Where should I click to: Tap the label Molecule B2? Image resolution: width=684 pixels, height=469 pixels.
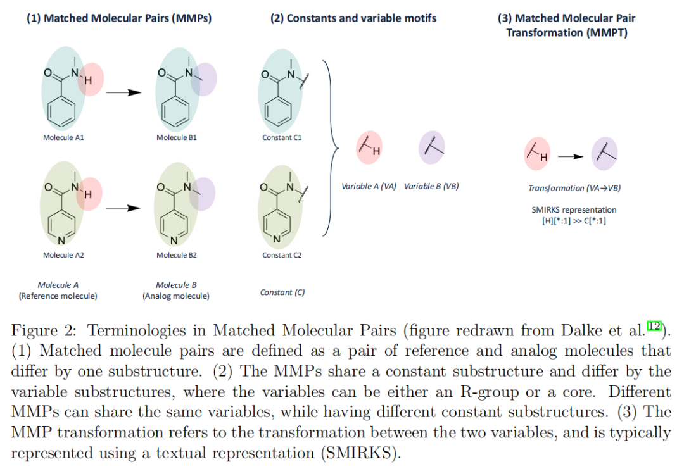point(177,255)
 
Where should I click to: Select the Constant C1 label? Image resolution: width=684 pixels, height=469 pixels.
point(282,137)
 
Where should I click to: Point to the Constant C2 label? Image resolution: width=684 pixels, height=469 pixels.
point(282,255)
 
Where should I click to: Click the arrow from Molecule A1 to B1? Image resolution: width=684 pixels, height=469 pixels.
point(122,92)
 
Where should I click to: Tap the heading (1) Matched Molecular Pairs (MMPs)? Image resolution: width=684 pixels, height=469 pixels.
point(119,18)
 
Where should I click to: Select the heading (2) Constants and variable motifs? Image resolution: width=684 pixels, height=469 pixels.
point(353,18)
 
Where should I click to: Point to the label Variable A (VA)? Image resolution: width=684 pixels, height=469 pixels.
point(369,187)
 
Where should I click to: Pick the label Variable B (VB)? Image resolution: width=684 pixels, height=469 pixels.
point(431,187)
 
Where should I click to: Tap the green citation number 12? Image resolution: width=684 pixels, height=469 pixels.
point(654,325)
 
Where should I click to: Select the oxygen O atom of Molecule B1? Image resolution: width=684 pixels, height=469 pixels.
point(161,73)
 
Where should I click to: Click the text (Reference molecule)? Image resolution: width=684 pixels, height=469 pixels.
point(58,296)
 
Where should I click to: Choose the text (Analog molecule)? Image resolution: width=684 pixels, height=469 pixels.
point(176,296)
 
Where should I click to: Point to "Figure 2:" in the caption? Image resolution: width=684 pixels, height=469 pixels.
point(43,331)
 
